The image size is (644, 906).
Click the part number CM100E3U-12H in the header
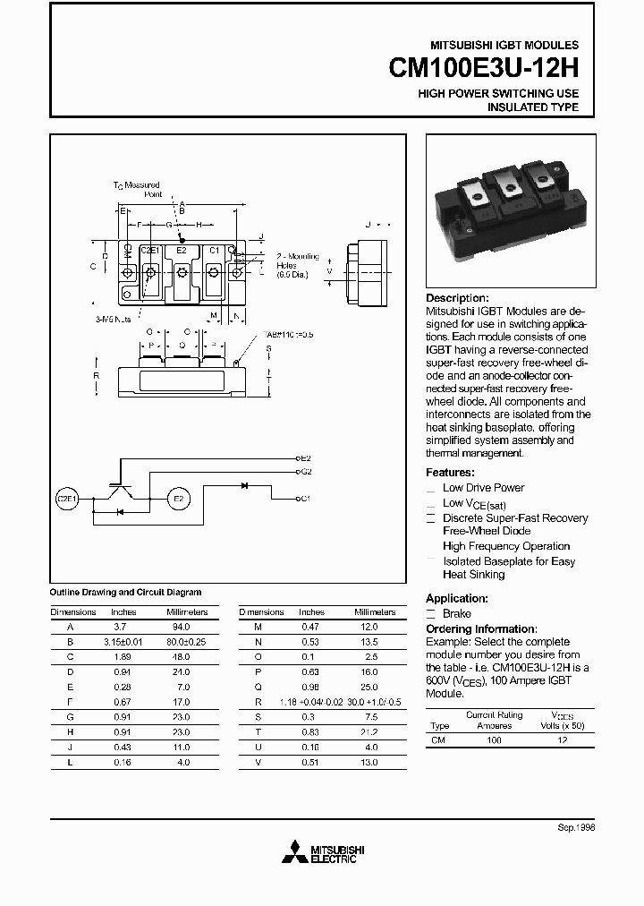coord(484,68)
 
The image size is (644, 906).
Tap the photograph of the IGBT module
coord(506,210)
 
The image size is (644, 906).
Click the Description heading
coord(457,298)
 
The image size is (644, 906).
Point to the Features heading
coord(450,472)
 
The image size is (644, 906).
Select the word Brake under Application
coord(456,614)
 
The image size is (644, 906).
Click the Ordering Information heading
coord(481,629)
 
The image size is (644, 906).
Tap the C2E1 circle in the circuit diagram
coord(67,497)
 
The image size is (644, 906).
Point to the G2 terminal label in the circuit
coord(305,470)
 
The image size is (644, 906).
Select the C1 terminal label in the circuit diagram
coord(305,498)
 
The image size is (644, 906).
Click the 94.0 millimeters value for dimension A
coord(182,628)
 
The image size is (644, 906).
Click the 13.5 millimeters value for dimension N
coord(369,643)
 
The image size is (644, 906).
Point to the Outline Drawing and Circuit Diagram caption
coord(125,593)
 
